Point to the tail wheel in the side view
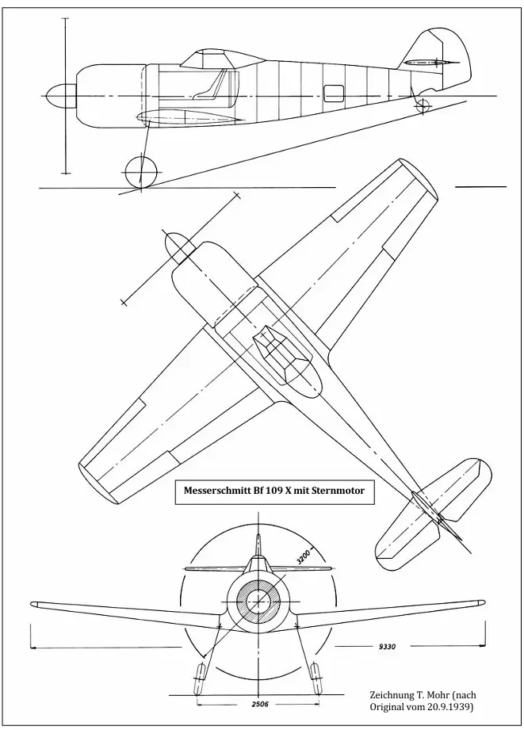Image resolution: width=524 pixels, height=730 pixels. point(423,105)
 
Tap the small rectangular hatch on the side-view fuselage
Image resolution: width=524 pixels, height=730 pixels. point(335,93)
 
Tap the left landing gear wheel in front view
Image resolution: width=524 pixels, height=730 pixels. point(200,675)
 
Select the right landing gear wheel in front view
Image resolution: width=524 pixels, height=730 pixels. point(316,675)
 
